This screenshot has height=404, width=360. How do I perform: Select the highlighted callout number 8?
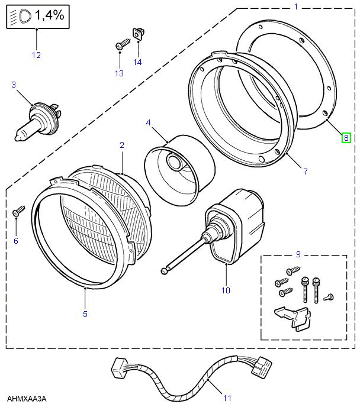pos(346,138)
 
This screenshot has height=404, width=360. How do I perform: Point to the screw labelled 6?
pos(18,210)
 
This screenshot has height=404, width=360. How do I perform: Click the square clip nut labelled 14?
pos(139,34)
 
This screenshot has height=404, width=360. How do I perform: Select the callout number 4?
pos(148,123)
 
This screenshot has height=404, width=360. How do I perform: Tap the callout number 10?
pos(226,290)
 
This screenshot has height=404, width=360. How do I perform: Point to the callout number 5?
pos(85,313)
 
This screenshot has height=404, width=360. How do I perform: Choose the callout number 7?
pos(305,172)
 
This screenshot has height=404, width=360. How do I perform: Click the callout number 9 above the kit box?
pos(298,255)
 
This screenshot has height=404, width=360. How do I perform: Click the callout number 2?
pos(121,145)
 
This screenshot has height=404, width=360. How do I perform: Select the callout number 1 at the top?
pos(295,7)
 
